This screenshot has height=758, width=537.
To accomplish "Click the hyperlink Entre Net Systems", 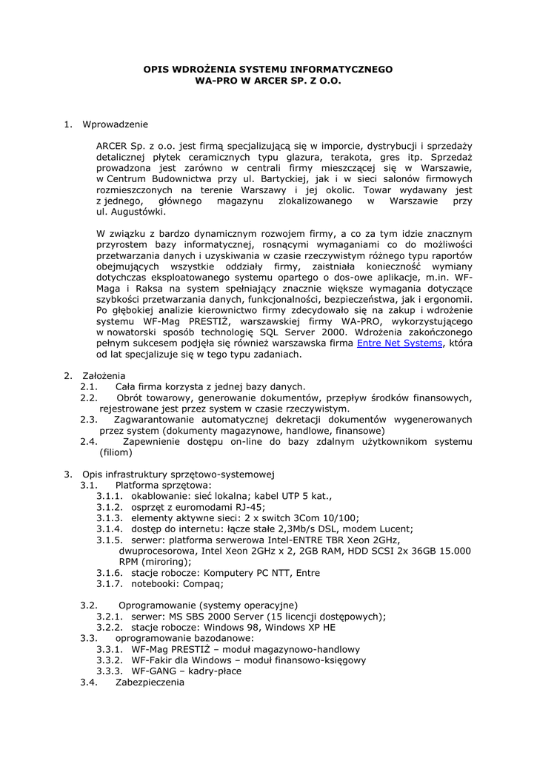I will (399, 343).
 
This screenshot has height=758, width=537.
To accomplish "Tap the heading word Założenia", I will (104, 375).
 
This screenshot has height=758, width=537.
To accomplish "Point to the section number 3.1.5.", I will (110, 540).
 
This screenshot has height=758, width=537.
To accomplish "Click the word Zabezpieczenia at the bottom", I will (150, 682).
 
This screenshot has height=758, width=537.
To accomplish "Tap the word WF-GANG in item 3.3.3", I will (153, 671).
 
